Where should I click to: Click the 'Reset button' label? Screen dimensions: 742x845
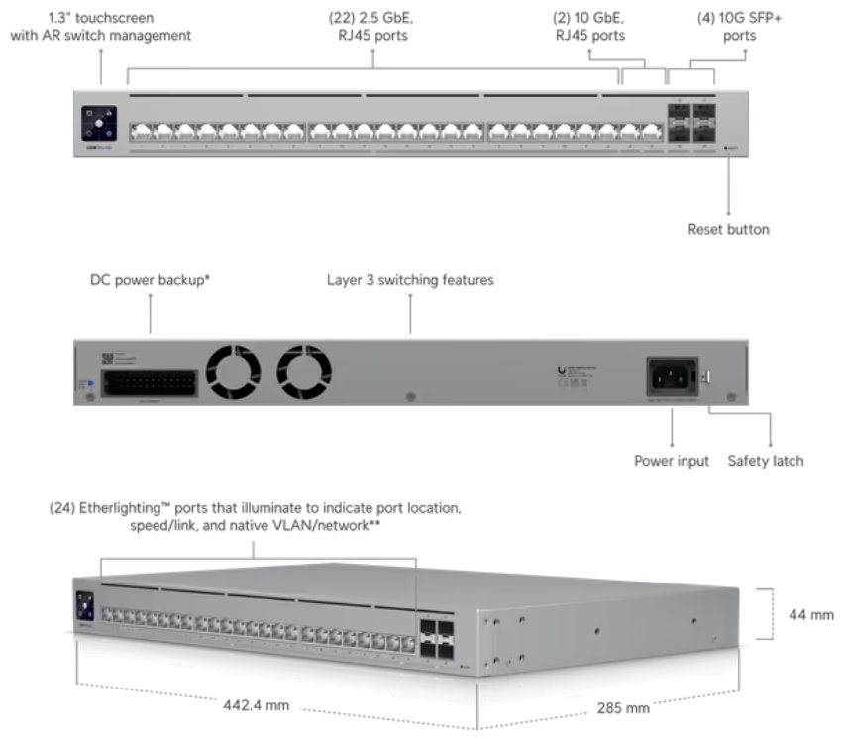tap(728, 229)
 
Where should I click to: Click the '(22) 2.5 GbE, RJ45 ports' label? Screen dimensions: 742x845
tap(373, 27)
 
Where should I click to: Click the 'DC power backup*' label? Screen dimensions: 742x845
tap(150, 280)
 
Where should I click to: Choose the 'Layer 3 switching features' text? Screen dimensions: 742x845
tap(410, 280)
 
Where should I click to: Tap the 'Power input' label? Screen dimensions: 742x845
tap(672, 461)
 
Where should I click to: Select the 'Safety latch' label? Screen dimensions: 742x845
tap(766, 461)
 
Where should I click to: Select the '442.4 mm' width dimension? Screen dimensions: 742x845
tap(256, 706)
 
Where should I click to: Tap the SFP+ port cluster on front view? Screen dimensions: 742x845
tap(690, 124)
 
